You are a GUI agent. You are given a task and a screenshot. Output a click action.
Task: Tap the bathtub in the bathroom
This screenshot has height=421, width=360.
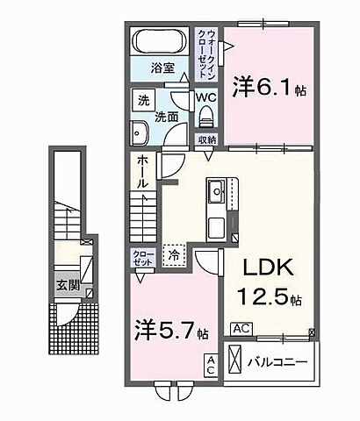coord(159,41)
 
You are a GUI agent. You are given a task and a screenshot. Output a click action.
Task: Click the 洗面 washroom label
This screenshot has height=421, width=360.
coord(166,115)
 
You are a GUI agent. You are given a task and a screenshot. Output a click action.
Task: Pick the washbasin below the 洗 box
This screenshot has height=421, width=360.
coord(141,134)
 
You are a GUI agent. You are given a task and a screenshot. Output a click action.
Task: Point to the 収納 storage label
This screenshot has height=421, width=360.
coord(207,139)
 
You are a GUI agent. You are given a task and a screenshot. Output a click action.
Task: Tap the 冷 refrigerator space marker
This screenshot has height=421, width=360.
coord(174,255)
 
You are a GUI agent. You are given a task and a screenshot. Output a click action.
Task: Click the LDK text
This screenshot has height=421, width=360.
coord(257,268)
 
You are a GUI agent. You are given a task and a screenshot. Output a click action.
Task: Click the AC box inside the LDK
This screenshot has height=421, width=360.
coord(241,329)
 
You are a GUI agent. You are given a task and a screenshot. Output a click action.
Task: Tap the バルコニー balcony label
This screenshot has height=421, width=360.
coord(283,360)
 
